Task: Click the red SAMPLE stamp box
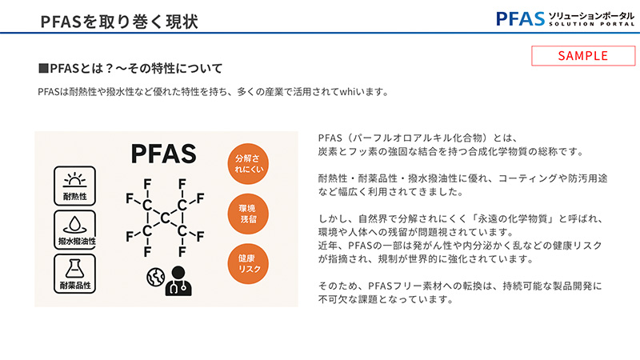pyautogui.click(x=583, y=55)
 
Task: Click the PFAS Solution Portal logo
pyautogui.click(x=563, y=18)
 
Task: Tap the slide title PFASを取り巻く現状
pyautogui.click(x=119, y=20)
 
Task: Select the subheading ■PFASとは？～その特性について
pyautogui.click(x=130, y=68)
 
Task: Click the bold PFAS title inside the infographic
pyautogui.click(x=163, y=154)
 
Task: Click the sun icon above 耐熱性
pyautogui.click(x=74, y=178)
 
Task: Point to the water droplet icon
pyautogui.click(x=74, y=223)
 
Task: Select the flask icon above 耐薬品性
pyautogui.click(x=74, y=267)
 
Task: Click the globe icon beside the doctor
pyautogui.click(x=155, y=276)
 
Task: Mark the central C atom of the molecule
pyautogui.click(x=164, y=218)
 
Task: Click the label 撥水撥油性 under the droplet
pyautogui.click(x=74, y=241)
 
